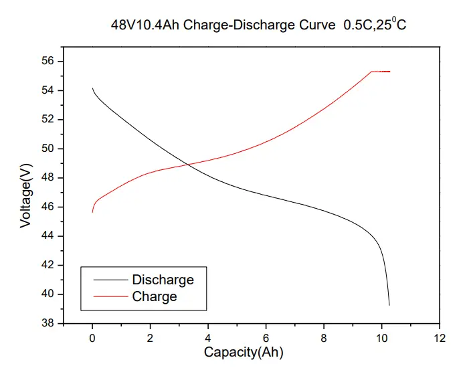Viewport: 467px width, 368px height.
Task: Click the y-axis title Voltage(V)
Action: click(x=25, y=193)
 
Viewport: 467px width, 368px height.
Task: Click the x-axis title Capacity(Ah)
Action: click(x=248, y=352)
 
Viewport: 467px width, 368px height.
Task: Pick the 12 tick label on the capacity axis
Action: click(x=439, y=337)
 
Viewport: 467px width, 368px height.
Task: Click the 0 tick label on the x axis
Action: click(x=92, y=337)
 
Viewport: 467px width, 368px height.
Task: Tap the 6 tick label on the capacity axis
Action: click(x=266, y=337)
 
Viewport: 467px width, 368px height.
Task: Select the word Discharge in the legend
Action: click(x=163, y=280)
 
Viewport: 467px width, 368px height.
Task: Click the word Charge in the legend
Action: click(x=155, y=296)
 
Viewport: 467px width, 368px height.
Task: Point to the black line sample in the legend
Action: click(x=110, y=280)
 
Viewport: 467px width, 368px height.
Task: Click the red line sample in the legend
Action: click(x=110, y=296)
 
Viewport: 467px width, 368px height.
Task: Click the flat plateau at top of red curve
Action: click(x=381, y=72)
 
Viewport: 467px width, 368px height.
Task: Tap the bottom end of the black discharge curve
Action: click(x=389, y=305)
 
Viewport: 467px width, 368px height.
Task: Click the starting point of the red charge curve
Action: click(x=92, y=212)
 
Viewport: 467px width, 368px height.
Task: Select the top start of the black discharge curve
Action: click(x=92, y=88)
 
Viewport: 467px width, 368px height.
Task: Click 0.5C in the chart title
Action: click(x=359, y=25)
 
